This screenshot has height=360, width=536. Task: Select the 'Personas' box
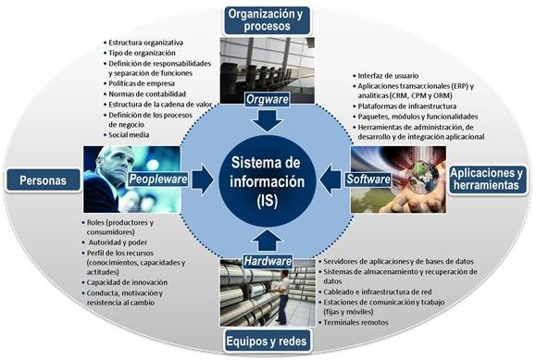click(41, 181)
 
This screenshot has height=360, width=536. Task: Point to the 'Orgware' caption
click(268, 98)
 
